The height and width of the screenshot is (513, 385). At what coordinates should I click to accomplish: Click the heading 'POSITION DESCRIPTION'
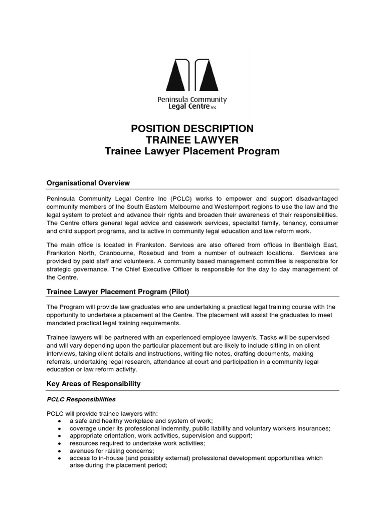click(x=192, y=128)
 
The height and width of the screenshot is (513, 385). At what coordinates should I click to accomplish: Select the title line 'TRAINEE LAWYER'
click(x=192, y=140)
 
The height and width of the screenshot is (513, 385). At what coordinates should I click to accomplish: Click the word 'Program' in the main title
click(x=256, y=151)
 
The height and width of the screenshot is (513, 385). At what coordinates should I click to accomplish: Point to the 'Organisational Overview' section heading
click(x=88, y=183)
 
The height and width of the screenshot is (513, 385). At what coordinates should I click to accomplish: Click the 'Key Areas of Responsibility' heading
click(x=94, y=384)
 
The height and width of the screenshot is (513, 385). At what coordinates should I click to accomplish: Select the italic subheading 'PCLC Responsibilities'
click(x=81, y=399)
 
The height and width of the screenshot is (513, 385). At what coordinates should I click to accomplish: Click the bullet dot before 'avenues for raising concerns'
click(x=60, y=451)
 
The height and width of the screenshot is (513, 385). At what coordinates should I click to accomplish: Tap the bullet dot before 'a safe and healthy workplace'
click(x=60, y=421)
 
